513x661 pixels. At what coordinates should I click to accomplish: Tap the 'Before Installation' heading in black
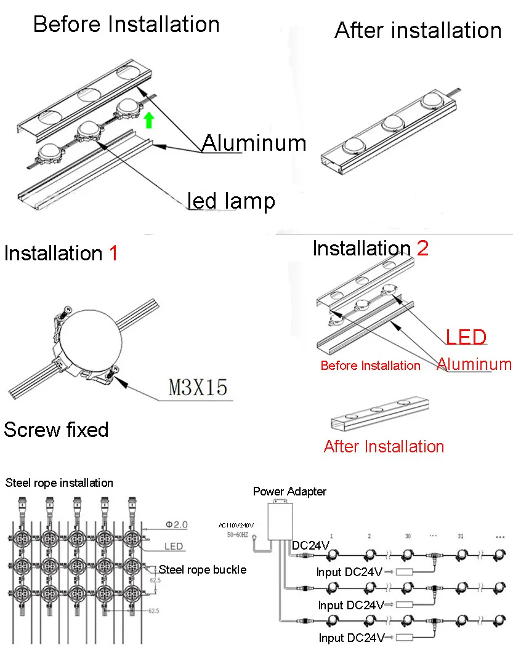[126, 25]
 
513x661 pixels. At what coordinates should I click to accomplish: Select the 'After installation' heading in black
[418, 30]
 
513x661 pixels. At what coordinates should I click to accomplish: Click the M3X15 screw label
[198, 387]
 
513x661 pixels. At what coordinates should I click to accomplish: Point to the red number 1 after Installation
[113, 253]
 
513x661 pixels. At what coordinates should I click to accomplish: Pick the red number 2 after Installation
[422, 248]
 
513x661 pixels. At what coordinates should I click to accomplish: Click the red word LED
[466, 337]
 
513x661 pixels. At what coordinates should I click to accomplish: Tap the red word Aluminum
[474, 364]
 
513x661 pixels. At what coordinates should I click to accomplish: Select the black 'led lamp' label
[232, 201]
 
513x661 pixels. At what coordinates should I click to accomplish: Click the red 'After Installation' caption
[384, 446]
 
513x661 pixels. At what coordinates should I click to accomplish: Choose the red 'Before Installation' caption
[370, 366]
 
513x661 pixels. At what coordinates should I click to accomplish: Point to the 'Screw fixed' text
[56, 430]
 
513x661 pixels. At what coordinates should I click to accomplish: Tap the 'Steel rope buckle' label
[203, 569]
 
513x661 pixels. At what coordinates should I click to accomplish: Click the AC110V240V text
[236, 525]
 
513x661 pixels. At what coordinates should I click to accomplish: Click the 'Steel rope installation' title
[59, 483]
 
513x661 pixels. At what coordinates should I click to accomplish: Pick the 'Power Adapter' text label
[289, 491]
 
